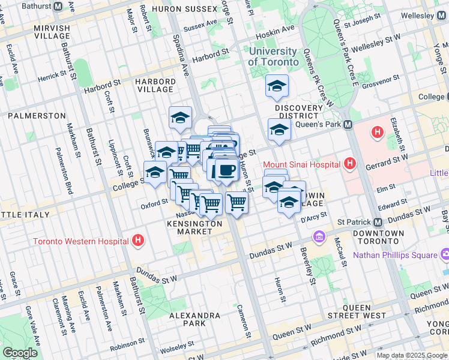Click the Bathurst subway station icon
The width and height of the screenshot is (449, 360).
pos(58,7)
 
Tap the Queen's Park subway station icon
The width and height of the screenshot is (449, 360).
pos(347,125)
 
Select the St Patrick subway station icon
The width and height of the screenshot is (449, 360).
pos(378,221)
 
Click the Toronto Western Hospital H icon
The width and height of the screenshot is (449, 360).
pos(139,241)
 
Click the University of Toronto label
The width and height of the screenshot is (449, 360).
pos(273,57)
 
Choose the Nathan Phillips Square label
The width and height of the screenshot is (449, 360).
pos(395,255)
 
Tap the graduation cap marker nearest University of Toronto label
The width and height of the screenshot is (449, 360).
pos(277,86)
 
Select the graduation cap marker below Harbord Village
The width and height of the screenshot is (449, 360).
pos(180,118)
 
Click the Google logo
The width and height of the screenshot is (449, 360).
pos(20,353)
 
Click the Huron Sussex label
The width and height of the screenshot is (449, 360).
pos(185,10)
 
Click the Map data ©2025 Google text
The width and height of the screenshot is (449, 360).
pos(411,355)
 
